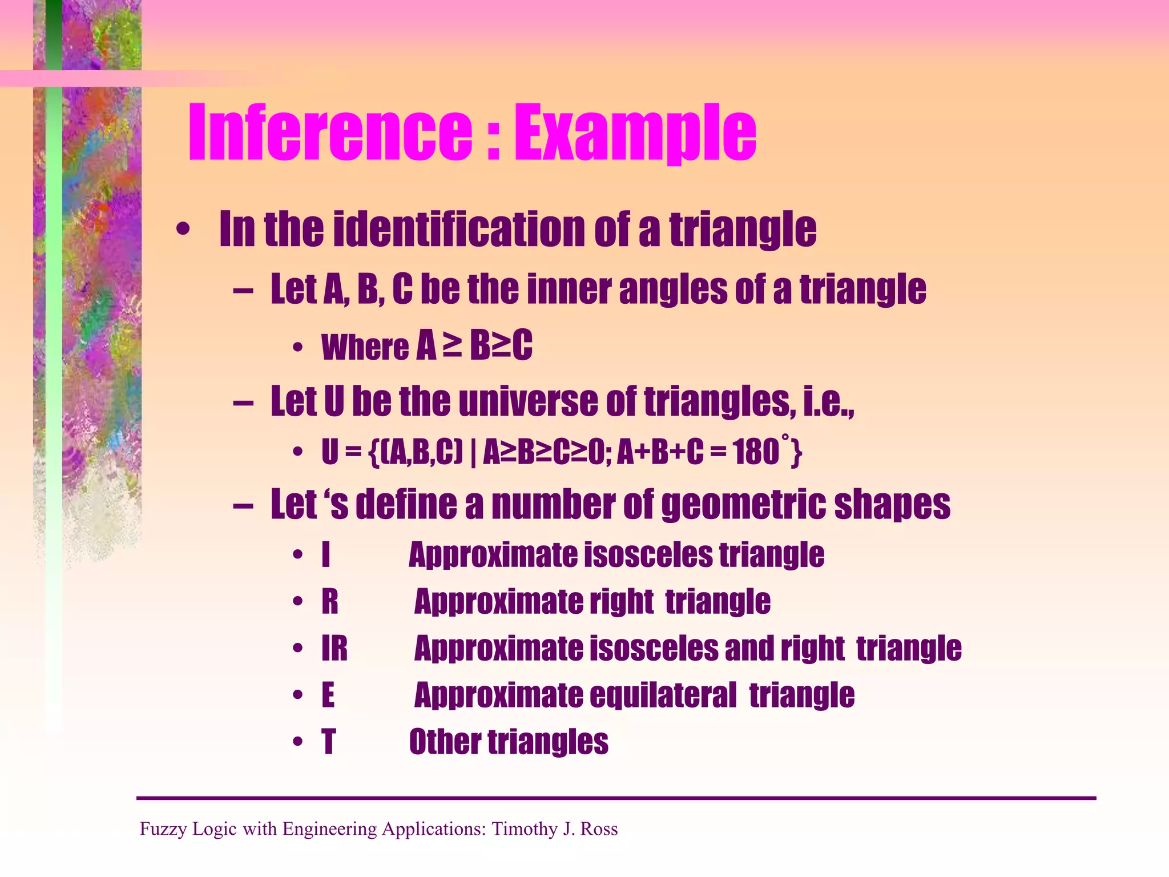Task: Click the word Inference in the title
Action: point(330,132)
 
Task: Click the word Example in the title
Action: point(635,134)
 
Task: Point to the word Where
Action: point(365,347)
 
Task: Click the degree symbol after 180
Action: point(785,438)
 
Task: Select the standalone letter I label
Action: point(326,554)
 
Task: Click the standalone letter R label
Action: point(330,602)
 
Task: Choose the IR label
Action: point(334,649)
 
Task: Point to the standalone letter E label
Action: point(328,695)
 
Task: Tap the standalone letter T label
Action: point(329,742)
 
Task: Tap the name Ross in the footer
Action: point(599,828)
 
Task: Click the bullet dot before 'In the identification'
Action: point(183,230)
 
